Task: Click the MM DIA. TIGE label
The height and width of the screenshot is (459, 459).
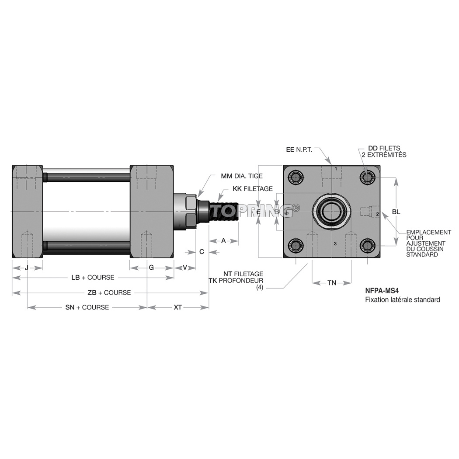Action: [x=242, y=176]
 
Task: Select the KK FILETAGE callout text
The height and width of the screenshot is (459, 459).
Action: [x=253, y=189]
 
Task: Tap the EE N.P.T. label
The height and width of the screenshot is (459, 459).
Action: [x=299, y=150]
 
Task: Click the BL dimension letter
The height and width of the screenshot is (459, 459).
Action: [x=396, y=212]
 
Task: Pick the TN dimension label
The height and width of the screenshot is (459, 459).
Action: [x=332, y=283]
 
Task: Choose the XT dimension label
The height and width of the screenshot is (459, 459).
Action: [x=177, y=307]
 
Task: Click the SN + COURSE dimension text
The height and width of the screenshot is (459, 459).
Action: [x=87, y=307]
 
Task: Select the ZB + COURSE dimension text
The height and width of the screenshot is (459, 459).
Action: [x=109, y=292]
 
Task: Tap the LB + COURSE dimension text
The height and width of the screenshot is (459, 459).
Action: [x=93, y=278]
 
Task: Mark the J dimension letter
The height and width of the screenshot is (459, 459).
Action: [x=27, y=267]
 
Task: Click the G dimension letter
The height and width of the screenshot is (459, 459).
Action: [x=151, y=267]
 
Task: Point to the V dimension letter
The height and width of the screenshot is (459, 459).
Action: [x=184, y=267]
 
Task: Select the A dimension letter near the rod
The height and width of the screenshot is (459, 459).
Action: [x=223, y=240]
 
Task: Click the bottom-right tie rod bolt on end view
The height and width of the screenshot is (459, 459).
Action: [x=367, y=246]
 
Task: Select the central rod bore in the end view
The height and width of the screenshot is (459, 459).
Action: [x=331, y=212]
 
